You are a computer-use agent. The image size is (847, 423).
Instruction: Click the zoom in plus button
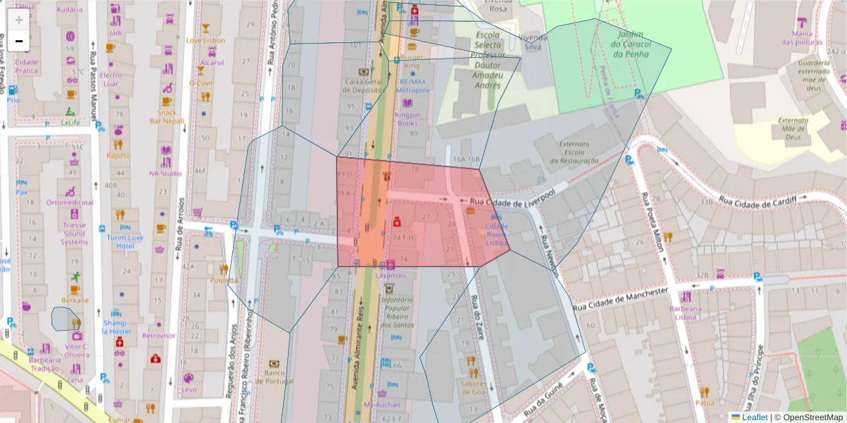click(x=19, y=20)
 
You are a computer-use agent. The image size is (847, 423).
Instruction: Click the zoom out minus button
click(x=19, y=41)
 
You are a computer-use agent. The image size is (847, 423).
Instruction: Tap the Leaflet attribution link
click(x=754, y=417)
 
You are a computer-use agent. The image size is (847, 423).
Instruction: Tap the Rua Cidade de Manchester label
click(x=620, y=298)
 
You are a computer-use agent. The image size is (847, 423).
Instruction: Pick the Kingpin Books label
click(x=407, y=118)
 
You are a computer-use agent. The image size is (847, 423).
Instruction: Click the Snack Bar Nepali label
click(x=167, y=116)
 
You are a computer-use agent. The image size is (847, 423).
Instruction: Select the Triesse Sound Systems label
click(x=73, y=233)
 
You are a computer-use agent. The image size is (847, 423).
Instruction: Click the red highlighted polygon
click(x=423, y=226)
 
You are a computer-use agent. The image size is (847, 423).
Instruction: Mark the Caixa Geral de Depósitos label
click(x=363, y=85)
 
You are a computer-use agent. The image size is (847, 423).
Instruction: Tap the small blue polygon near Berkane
click(x=64, y=319)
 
